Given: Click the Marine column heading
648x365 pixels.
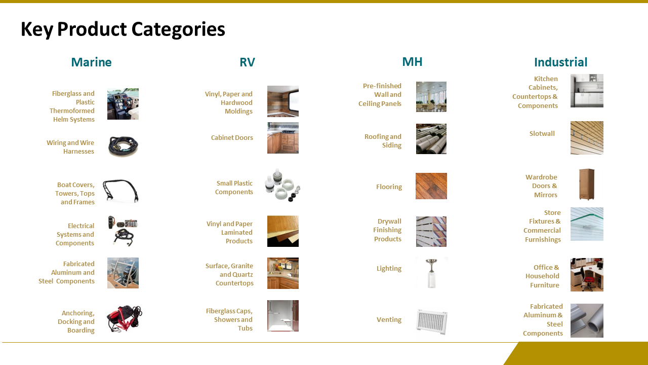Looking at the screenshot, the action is (92, 62).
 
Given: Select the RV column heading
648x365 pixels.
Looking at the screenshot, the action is (248, 62).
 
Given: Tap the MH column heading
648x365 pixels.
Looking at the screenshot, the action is (412, 62).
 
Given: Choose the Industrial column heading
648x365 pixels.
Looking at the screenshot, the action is (560, 62).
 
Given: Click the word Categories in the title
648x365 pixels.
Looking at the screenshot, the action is (178, 29).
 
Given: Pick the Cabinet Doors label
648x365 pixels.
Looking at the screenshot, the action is (232, 137).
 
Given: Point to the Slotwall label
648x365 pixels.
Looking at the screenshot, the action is (542, 133).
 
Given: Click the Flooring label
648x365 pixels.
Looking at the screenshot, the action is (389, 187).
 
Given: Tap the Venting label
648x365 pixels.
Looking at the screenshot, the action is (389, 319).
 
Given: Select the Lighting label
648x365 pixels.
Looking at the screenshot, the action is (389, 269).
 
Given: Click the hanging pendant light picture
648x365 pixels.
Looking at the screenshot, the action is (431, 273).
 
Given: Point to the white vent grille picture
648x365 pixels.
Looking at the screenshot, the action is (432, 322).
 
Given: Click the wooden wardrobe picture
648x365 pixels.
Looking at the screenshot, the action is (587, 184).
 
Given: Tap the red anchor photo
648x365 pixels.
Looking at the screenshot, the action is (124, 318).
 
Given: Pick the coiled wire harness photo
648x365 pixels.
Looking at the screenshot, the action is (123, 146).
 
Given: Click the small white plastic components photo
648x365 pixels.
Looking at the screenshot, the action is (282, 185).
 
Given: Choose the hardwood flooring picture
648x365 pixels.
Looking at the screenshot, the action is (431, 186).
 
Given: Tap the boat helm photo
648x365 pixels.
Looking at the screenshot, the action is (123, 104).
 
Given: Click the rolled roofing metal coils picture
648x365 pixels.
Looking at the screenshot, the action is (431, 139).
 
